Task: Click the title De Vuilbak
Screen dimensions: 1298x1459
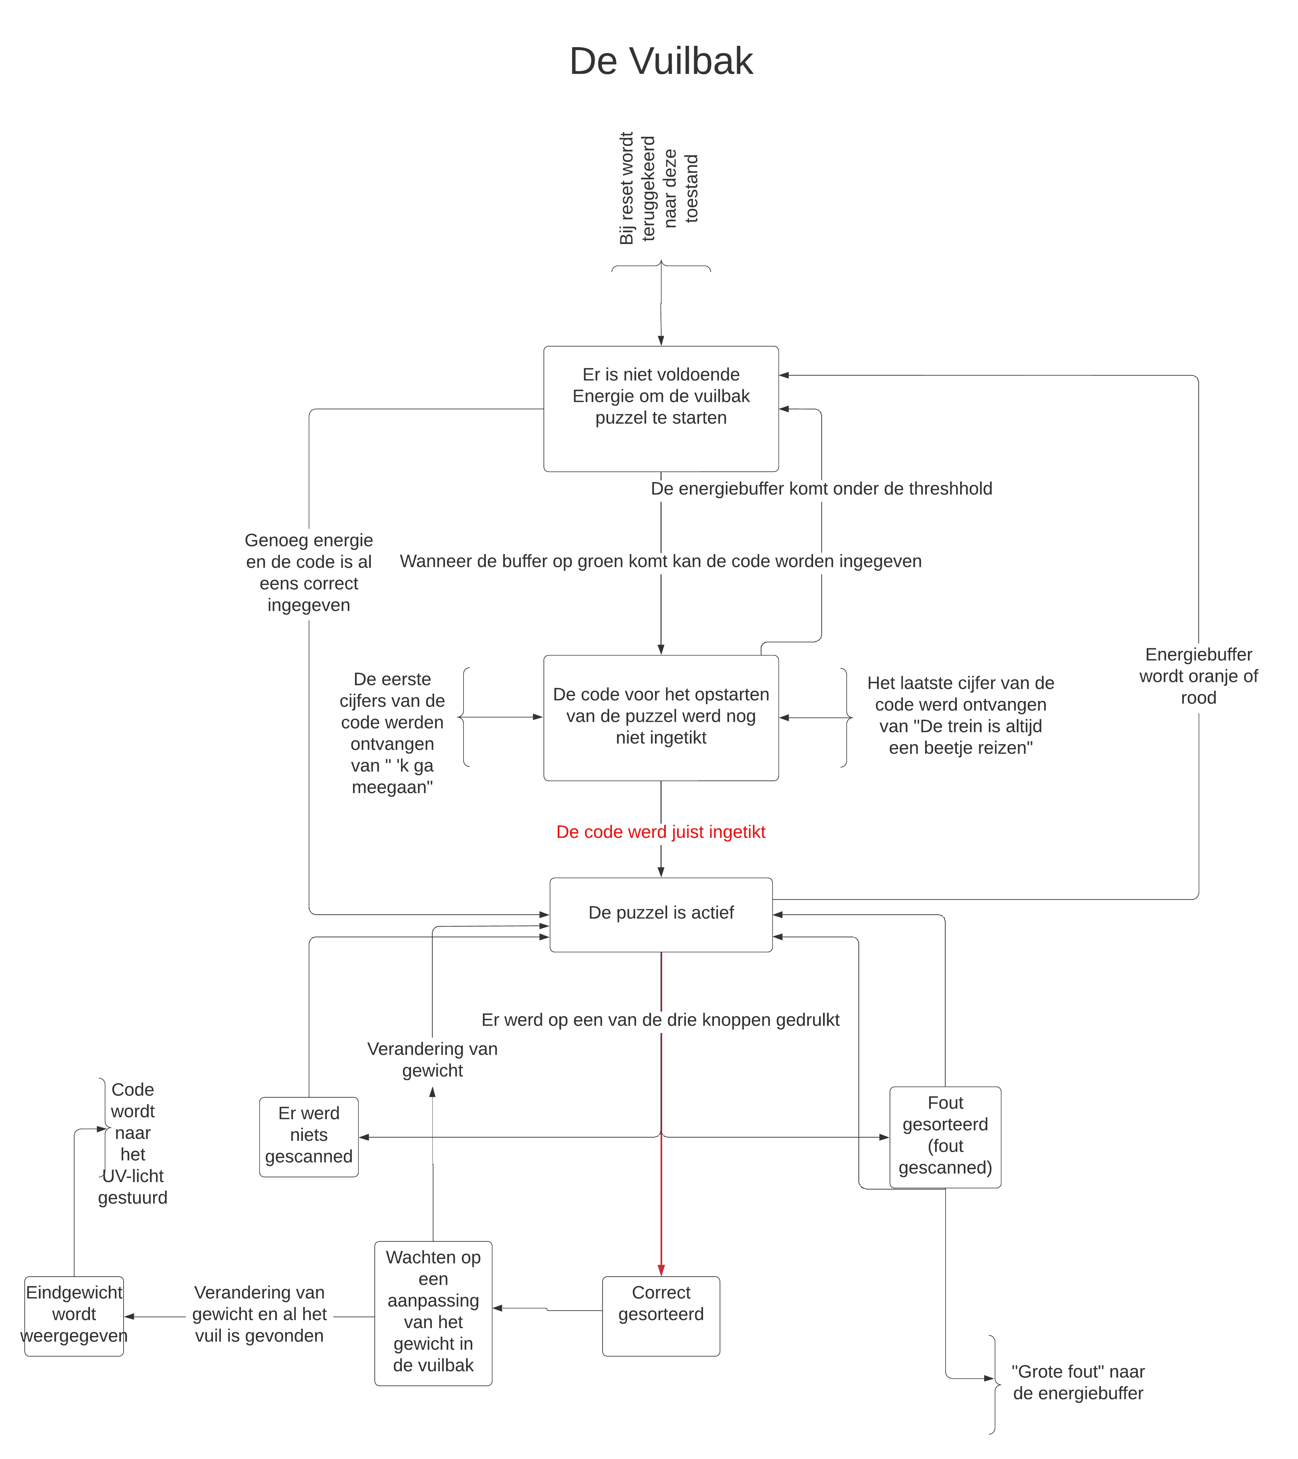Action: point(661,61)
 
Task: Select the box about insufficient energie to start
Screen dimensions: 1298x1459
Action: point(661,409)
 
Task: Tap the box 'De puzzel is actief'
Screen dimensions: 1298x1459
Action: point(661,914)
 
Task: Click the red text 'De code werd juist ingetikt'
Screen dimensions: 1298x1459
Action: point(661,832)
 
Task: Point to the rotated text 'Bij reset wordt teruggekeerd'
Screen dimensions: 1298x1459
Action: point(637,189)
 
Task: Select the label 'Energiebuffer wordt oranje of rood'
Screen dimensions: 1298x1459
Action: point(1199,676)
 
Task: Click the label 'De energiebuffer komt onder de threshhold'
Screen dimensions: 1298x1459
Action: point(821,488)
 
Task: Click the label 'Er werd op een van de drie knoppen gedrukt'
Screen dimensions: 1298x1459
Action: point(661,1019)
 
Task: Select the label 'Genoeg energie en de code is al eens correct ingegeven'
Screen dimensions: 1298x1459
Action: point(309,572)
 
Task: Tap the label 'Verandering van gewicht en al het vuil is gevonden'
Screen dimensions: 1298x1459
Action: point(260,1314)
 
